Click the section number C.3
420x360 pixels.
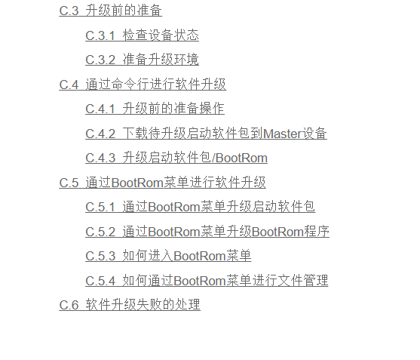coord(69,11)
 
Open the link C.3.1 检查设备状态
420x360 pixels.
coord(142,35)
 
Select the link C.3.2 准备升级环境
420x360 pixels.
coord(142,60)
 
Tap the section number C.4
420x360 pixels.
coord(69,85)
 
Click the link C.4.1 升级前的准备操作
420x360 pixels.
coord(155,109)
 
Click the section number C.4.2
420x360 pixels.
coord(100,134)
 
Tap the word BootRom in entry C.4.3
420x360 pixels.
coord(241,158)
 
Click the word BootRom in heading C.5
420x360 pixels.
coord(137,183)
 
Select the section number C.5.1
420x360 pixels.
coord(100,208)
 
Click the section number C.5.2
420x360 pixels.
coord(100,232)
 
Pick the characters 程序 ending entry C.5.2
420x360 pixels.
coord(317,232)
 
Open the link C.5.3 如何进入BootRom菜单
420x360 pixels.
coord(168,256)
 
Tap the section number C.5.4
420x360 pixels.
coord(100,281)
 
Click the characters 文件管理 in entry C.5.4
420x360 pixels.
coord(302,281)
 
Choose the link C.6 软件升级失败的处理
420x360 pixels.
coord(130,305)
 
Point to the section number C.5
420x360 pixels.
coord(69,183)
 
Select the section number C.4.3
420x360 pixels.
coord(100,158)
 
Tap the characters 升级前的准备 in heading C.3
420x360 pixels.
coord(124,11)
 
